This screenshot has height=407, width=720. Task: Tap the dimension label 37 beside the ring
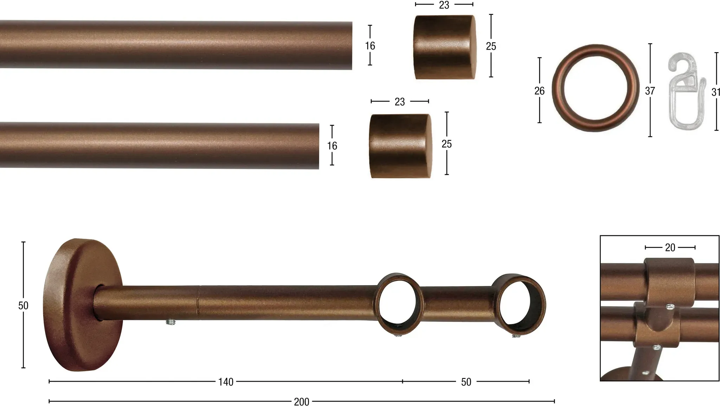pyautogui.click(x=650, y=91)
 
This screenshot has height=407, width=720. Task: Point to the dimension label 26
pyautogui.click(x=539, y=91)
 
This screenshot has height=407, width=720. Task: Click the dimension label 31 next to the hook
pyautogui.click(x=716, y=92)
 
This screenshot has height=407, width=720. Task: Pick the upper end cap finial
pyautogui.click(x=445, y=47)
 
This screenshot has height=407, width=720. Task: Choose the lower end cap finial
pyautogui.click(x=400, y=146)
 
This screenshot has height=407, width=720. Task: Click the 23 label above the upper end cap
pyautogui.click(x=444, y=5)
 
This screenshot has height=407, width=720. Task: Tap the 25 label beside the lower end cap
pyautogui.click(x=446, y=144)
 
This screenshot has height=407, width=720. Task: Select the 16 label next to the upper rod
pyautogui.click(x=370, y=46)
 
